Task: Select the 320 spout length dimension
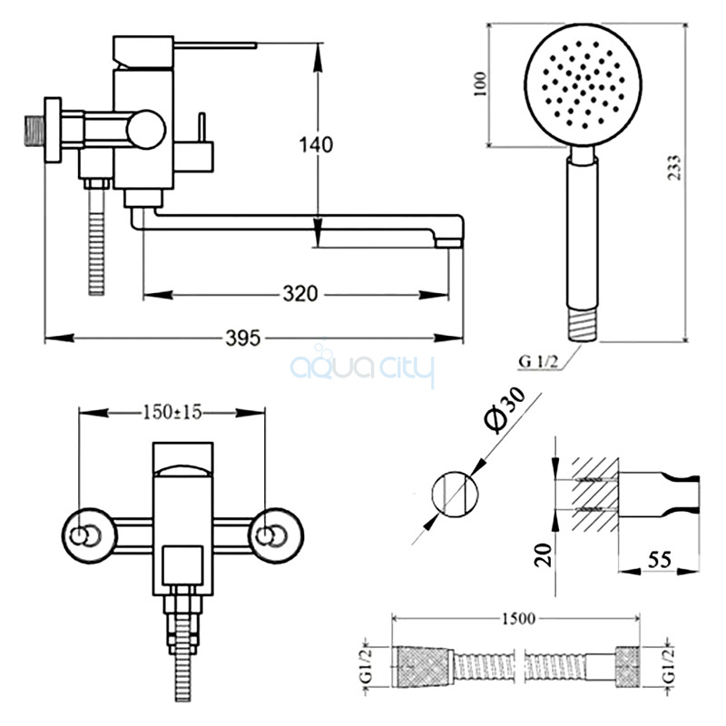pos(299,294)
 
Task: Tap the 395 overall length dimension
pos(243,338)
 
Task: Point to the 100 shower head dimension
pos(480,83)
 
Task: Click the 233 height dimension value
pos(674,169)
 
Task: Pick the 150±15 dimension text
pos(172,412)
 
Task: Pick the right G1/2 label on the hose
pos(669,664)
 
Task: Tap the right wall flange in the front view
pos(270,534)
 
